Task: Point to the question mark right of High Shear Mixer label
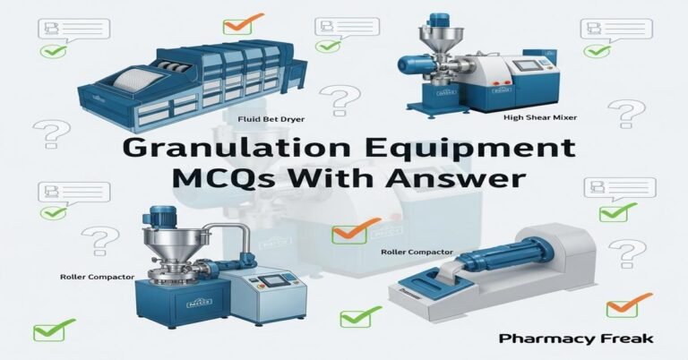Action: pyautogui.click(x=632, y=114)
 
